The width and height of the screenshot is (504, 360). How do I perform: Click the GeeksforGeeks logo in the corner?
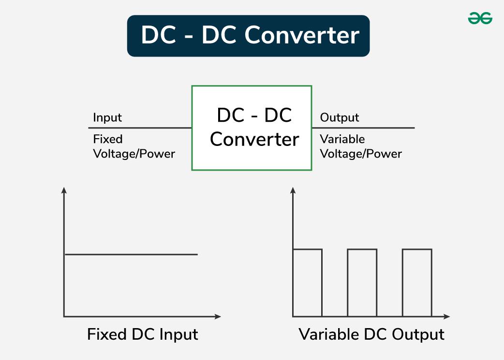tap(480, 18)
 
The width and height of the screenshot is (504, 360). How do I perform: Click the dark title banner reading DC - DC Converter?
tap(248, 36)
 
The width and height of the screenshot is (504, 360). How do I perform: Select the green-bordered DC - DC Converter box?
tap(252, 128)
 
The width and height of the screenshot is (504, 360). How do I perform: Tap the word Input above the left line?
tap(107, 118)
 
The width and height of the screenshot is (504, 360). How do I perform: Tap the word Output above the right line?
tap(340, 118)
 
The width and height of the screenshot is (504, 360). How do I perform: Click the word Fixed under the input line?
tap(108, 139)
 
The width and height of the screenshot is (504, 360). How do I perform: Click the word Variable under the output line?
tap(342, 139)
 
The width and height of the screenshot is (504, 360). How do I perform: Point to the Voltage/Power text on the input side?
tap(134, 154)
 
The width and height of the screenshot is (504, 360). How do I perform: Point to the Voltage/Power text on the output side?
tap(361, 154)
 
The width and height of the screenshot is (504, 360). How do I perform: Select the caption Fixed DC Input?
tap(143, 334)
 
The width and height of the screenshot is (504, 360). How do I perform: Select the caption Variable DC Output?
tap(371, 334)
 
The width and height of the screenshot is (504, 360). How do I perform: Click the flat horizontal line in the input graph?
tap(131, 254)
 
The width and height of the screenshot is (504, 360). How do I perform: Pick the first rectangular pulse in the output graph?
tap(308, 283)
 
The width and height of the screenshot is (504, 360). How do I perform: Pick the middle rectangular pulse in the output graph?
tap(362, 283)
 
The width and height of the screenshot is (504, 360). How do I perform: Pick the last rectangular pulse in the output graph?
tap(417, 283)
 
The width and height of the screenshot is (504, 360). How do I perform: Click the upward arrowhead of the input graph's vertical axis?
tap(64, 190)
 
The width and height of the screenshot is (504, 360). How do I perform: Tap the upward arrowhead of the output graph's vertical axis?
tap(293, 190)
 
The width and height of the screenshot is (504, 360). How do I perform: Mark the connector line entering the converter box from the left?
tap(140, 128)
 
